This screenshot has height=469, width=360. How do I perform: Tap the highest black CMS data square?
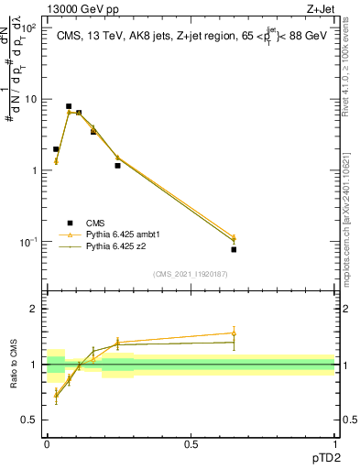69,106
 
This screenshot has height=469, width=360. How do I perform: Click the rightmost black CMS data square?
234,249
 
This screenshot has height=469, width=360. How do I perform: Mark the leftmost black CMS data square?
56,149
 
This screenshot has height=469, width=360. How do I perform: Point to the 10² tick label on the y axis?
28,28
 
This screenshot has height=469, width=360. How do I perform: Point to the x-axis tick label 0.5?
191,443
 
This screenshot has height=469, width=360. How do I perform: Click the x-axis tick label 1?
334,443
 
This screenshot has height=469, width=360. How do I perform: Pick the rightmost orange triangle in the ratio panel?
234,333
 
